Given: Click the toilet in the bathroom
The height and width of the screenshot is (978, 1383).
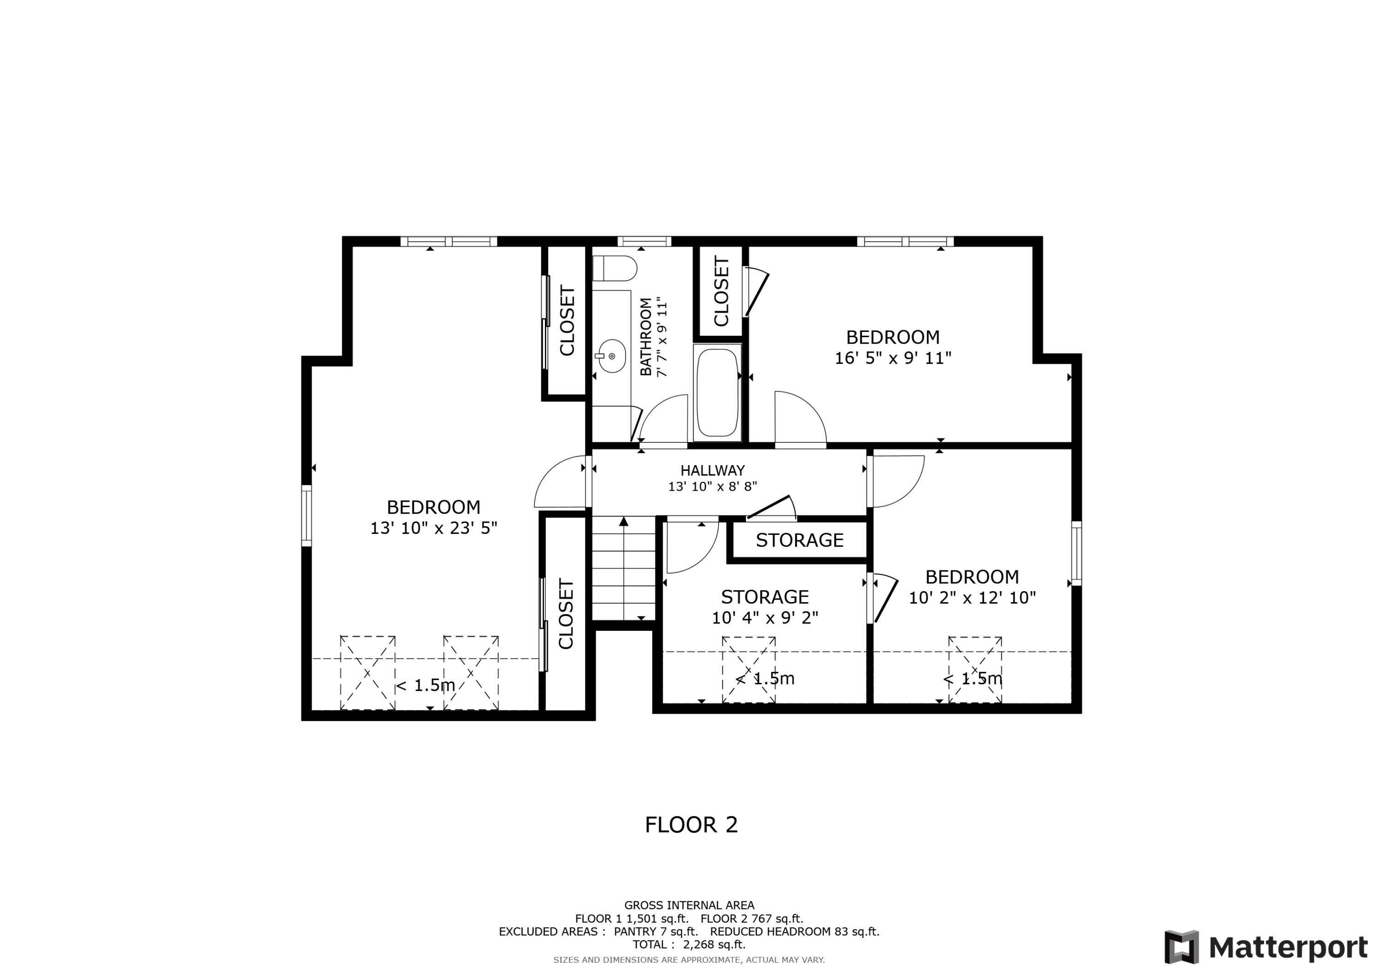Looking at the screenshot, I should pos(615,268).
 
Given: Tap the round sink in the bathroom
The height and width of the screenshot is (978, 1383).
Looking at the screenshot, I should pos(611,356).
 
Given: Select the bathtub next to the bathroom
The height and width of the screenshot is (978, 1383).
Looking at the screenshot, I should pos(717,392).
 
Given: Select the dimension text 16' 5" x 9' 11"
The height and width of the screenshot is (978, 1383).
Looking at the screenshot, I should pos(892,358).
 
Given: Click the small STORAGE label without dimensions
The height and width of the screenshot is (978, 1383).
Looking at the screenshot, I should pos(799,540).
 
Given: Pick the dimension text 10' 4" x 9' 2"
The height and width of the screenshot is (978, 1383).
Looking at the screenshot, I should pos(764,618).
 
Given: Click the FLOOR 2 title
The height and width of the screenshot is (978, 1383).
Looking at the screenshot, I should pos(691,824).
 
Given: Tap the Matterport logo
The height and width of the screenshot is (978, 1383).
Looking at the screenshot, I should pos(1265,947).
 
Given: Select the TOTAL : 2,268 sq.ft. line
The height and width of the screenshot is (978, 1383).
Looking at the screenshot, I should pos(688,944).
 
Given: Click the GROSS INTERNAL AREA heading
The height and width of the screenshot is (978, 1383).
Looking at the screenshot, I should pos(688,905).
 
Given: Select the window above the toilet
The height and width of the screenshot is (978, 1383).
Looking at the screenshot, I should pos(644,242).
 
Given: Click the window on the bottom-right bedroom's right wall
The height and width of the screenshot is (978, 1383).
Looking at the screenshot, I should pos(1076,553).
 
